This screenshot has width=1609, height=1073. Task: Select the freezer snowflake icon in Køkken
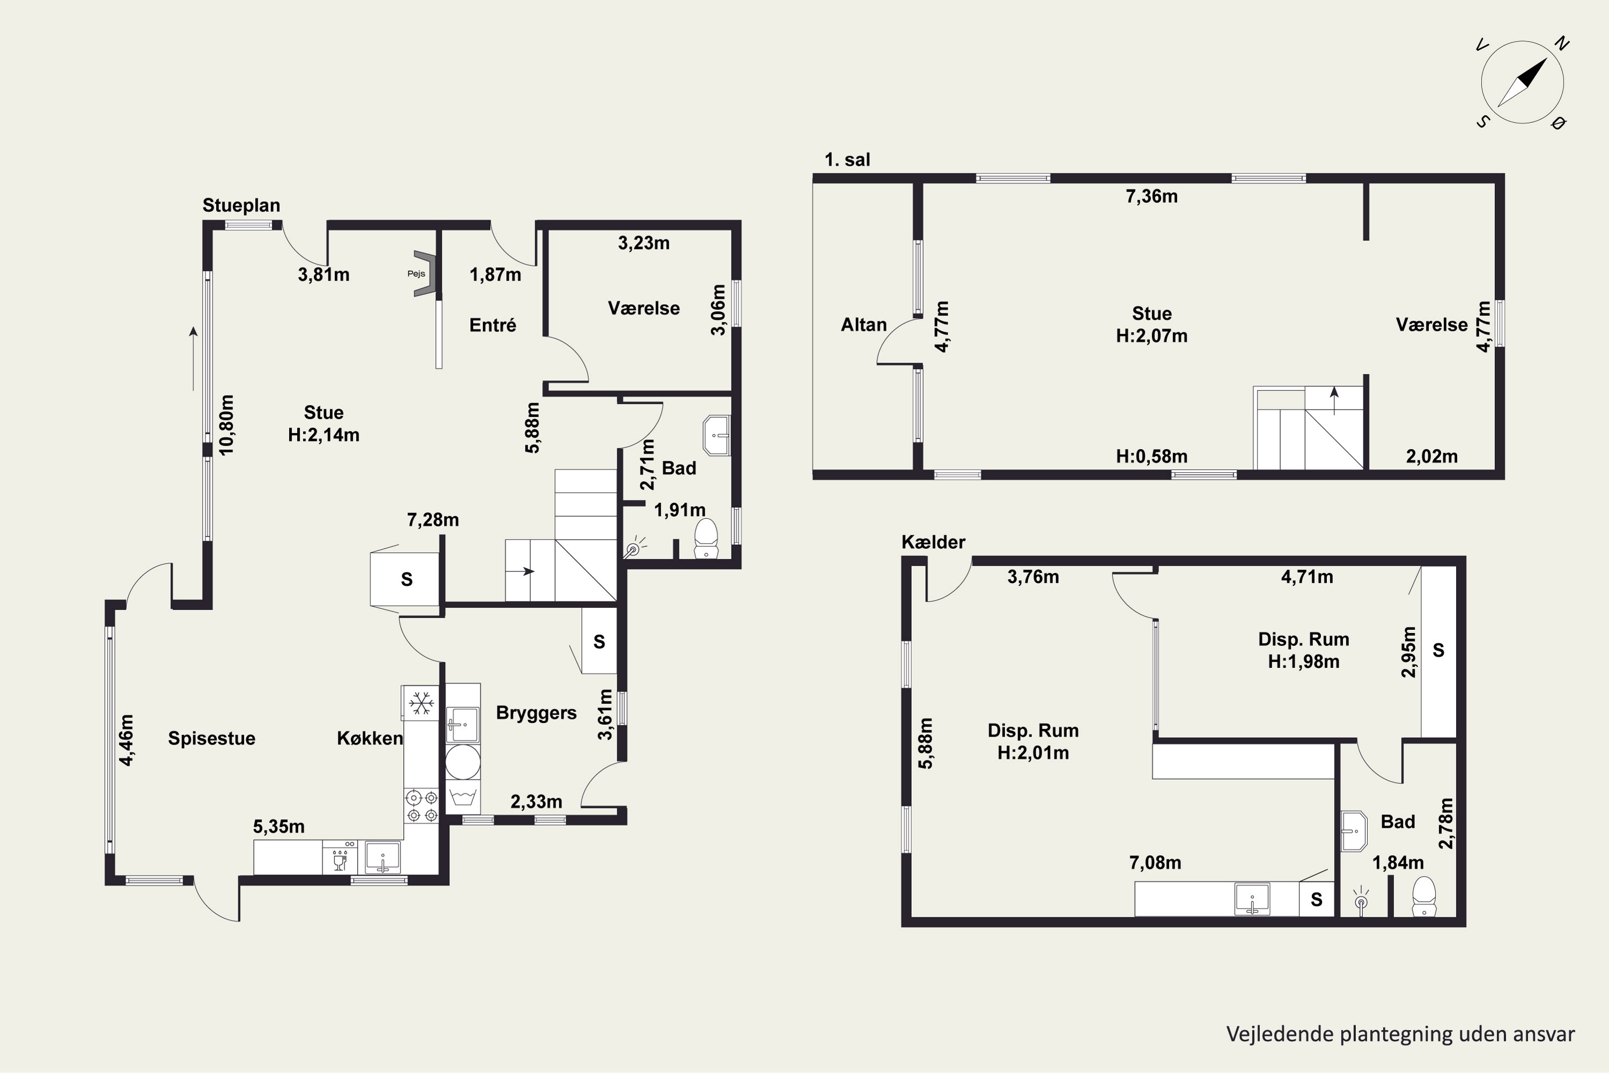420,703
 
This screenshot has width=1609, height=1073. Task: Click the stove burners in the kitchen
422,806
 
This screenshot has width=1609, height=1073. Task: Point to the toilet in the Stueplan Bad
705,538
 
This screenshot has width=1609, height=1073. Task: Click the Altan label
863,325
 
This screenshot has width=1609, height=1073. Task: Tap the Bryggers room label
536,714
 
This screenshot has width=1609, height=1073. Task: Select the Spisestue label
211,738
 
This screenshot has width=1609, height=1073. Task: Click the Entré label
492,325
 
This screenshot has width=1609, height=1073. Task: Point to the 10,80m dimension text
226,425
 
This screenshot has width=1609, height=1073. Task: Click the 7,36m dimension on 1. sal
1152,197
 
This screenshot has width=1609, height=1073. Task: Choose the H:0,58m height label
1152,457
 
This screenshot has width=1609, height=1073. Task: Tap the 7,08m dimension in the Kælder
1155,863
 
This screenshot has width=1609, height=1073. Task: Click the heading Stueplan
241,206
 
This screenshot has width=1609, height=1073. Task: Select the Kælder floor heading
933,542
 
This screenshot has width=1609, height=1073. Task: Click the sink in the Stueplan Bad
716,435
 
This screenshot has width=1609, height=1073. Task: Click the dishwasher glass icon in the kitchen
339,862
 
